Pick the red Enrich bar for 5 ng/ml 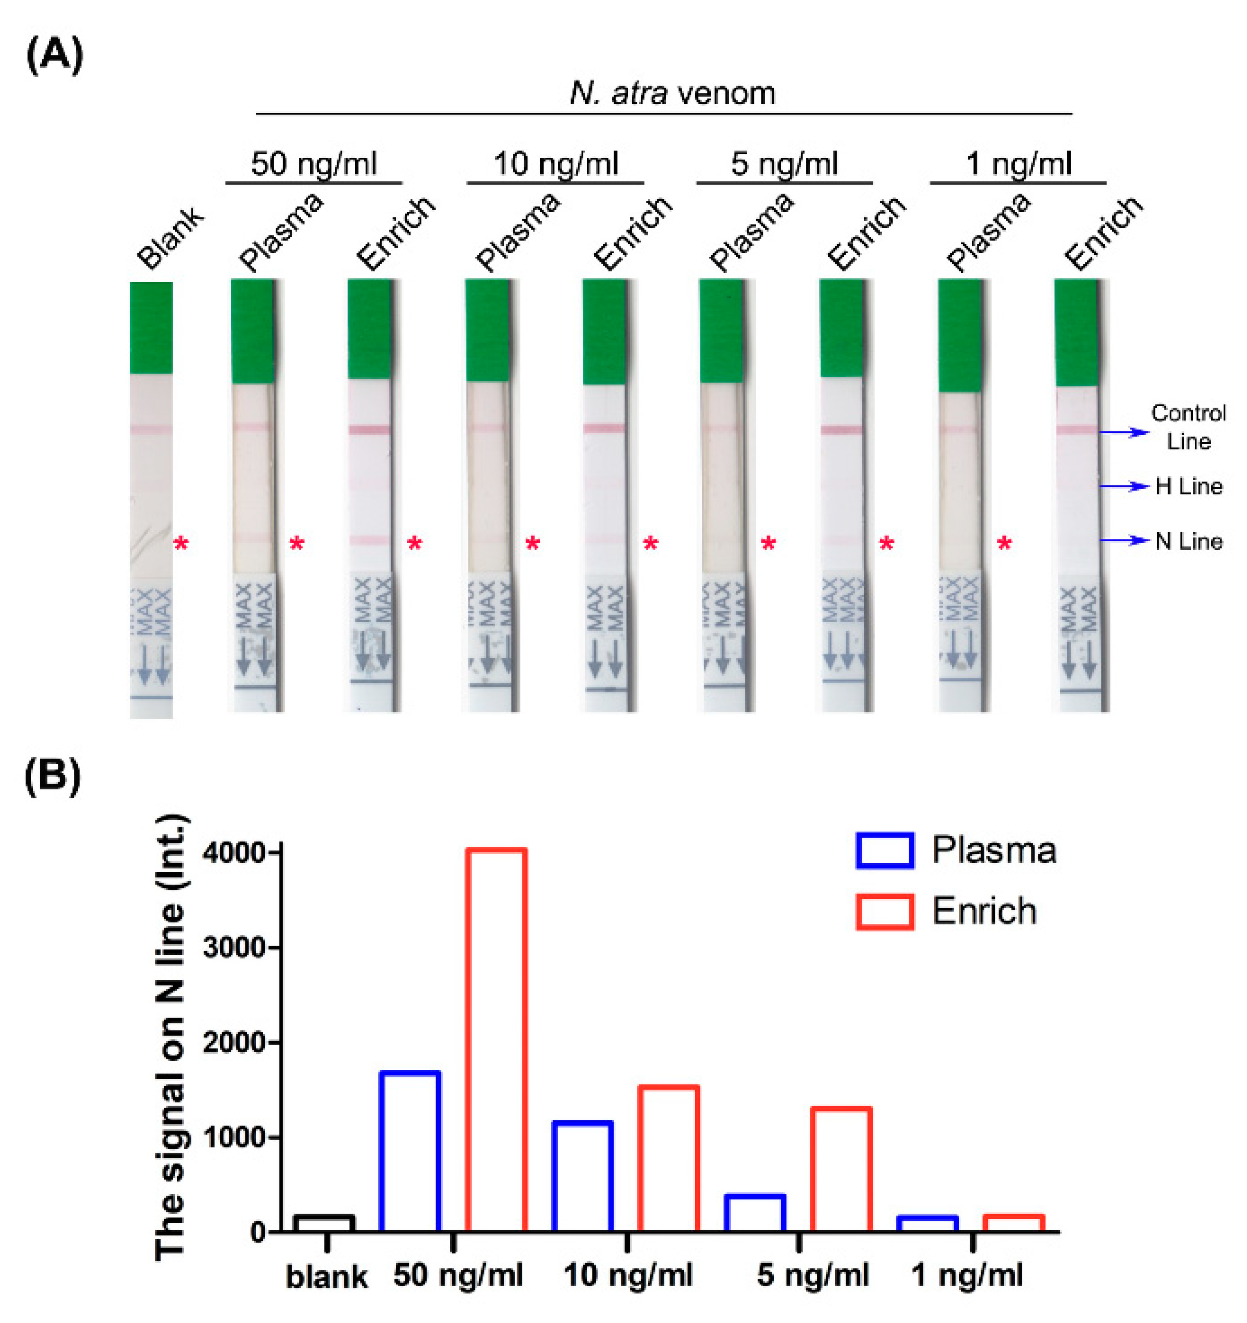pos(841,1172)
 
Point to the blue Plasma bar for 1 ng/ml pos(928,1226)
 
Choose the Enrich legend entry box pos(884,912)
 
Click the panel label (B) pos(53,776)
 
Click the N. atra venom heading pos(672,93)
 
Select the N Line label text pos(1188,541)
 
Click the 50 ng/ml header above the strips pos(313,164)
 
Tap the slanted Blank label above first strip pos(170,238)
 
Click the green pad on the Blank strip pos(151,328)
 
